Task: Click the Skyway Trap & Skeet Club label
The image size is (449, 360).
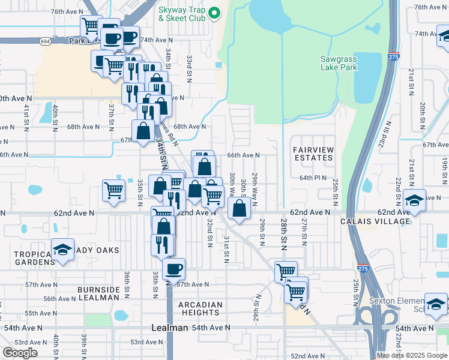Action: tap(182, 14)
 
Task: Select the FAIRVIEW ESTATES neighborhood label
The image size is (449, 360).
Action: tap(312, 153)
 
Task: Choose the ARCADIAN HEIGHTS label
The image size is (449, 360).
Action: tap(200, 308)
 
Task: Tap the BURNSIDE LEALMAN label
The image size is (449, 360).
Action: tap(98, 293)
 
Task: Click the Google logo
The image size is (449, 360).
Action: tap(20, 353)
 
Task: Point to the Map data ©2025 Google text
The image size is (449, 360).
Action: tap(411, 355)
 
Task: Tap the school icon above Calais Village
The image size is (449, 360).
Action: tap(414, 199)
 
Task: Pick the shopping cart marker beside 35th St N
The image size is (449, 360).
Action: tap(113, 190)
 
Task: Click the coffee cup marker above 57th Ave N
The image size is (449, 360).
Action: tap(173, 268)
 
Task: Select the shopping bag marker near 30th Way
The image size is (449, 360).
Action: tap(239, 209)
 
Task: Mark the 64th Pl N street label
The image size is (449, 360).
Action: tap(313, 178)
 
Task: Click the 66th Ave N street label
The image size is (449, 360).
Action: tap(243, 155)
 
